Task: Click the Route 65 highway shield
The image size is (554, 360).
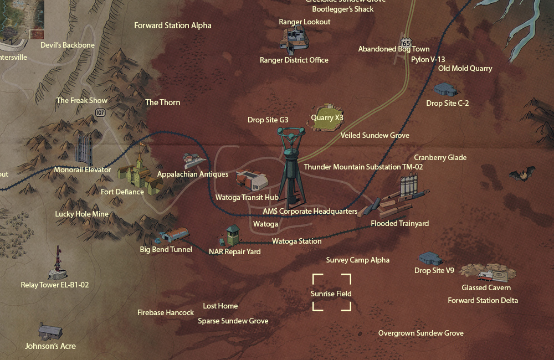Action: click(407, 43)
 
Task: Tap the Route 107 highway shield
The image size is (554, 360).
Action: click(100, 112)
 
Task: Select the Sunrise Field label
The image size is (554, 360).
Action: click(331, 294)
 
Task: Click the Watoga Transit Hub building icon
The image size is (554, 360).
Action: click(252, 179)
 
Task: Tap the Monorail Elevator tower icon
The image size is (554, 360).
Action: click(84, 148)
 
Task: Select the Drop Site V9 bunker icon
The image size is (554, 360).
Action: click(430, 258)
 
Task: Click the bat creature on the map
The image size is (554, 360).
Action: click(522, 174)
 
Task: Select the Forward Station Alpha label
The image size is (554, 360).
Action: click(173, 25)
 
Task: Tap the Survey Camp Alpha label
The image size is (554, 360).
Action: click(357, 260)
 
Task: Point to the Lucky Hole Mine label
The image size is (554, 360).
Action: click(82, 214)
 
